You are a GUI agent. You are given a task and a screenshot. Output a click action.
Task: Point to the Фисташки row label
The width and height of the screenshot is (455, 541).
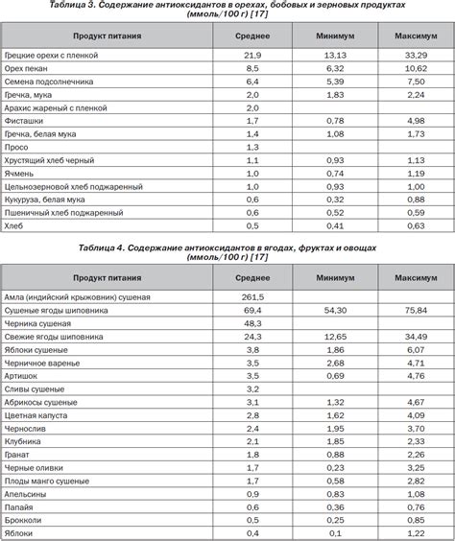pyautogui.click(x=23, y=121)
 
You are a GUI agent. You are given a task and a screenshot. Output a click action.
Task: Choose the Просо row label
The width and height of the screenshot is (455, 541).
pyautogui.click(x=17, y=147)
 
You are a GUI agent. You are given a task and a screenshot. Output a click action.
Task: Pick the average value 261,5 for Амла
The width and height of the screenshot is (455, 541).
pyautogui.click(x=252, y=298)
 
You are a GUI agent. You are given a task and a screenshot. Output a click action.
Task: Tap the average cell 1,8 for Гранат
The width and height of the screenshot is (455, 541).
pyautogui.click(x=252, y=454)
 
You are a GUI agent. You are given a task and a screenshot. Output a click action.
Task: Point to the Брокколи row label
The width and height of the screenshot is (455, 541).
pyautogui.click(x=25, y=518)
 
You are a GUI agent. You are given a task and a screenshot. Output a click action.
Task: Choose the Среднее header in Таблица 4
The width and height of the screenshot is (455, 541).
pyautogui.click(x=252, y=277)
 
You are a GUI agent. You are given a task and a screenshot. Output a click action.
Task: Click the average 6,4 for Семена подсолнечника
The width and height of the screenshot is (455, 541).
pyautogui.click(x=252, y=82)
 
